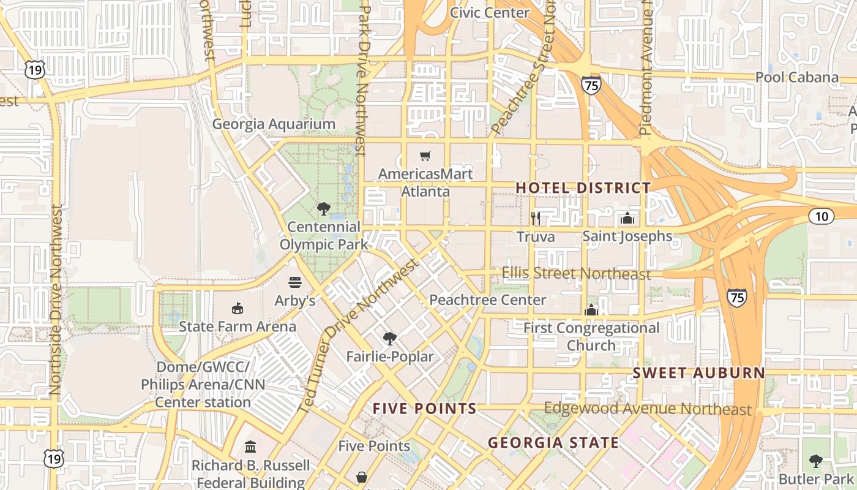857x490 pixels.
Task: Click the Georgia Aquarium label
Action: coord(274,124)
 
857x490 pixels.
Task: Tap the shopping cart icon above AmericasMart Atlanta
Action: coord(425,156)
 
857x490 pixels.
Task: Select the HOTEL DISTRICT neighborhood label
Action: coord(583,188)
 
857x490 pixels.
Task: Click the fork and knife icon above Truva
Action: coord(536,218)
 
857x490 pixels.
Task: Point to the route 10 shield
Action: coord(821,216)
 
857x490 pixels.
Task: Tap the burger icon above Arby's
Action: coord(295,282)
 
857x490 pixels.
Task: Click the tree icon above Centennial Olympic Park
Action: coord(324,209)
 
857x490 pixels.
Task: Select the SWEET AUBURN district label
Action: coord(698,373)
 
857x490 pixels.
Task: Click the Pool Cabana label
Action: coord(796,77)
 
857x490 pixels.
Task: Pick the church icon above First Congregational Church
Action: coord(591,310)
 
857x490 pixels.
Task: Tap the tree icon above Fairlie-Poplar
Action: coord(389,339)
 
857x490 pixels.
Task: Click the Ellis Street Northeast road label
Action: coord(576,273)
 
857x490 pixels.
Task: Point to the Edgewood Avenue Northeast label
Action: coord(647,409)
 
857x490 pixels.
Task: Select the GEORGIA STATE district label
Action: coord(553,442)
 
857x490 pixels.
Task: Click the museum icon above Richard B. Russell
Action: coord(250,447)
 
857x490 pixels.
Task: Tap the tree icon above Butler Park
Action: coord(815,461)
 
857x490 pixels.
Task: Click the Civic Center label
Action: coord(490,12)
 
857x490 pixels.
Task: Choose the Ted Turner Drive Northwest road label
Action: coord(359,334)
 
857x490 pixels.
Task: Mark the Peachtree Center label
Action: coord(487,300)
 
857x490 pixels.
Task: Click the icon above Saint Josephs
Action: coord(627,219)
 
